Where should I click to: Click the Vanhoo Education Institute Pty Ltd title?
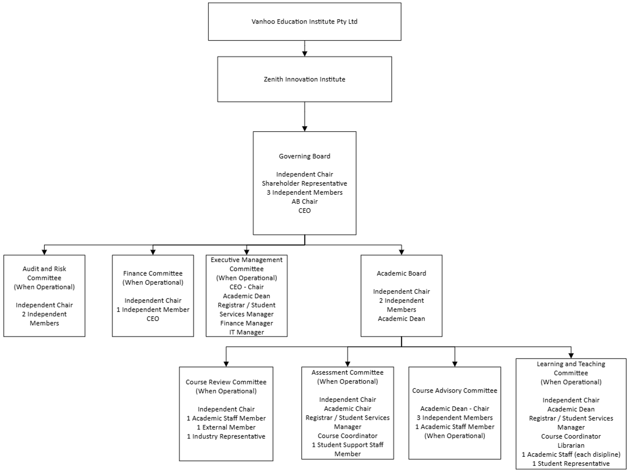tap(305, 21)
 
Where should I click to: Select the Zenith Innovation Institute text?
tap(305, 79)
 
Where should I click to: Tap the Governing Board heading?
tap(305, 156)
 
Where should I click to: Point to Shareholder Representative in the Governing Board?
tap(305, 184)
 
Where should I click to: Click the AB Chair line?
tap(305, 201)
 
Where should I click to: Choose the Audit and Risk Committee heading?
tap(44, 273)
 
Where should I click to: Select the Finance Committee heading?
tap(153, 273)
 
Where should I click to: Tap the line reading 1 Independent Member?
tap(153, 309)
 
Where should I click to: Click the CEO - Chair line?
tap(246, 287)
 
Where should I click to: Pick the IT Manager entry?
tap(246, 332)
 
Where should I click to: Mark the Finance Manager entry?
tap(246, 323)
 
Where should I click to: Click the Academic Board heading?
tap(401, 273)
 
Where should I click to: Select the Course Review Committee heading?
tap(226, 382)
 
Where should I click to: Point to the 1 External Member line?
tap(226, 427)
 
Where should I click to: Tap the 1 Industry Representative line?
tap(226, 436)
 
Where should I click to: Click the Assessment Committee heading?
tap(347, 372)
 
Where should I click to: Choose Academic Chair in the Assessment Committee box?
tap(347, 409)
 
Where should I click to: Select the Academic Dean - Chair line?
tap(455, 409)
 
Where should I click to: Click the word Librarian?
tap(571, 445)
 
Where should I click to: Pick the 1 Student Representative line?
tap(571, 464)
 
